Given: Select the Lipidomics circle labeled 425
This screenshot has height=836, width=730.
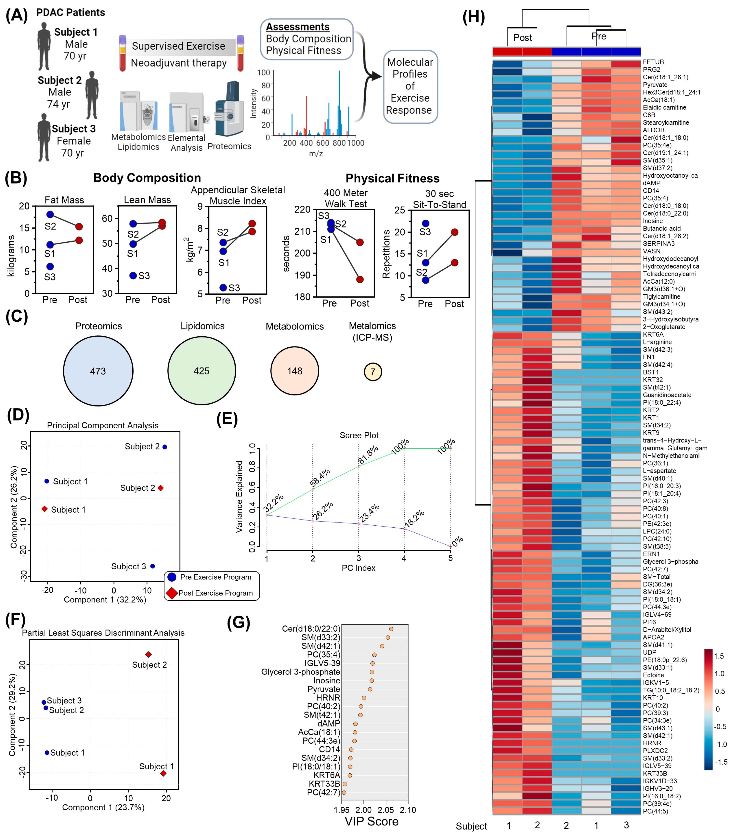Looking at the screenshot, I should tap(202, 371).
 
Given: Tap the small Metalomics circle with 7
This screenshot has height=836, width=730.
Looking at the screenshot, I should tap(373, 371).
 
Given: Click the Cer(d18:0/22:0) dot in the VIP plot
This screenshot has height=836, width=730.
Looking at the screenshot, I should tap(391, 629).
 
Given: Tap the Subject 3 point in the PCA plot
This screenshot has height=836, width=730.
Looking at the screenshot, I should tap(152, 566).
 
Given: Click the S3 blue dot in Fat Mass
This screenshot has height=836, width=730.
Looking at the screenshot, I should tap(50, 266).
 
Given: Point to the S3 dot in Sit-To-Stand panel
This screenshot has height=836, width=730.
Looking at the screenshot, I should tap(425, 223).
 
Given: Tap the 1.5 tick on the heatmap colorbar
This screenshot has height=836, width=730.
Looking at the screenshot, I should tap(719, 656).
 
